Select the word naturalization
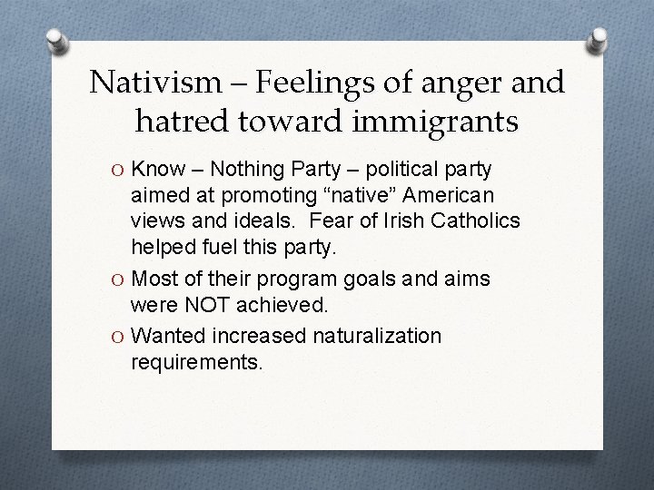click(376, 337)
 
